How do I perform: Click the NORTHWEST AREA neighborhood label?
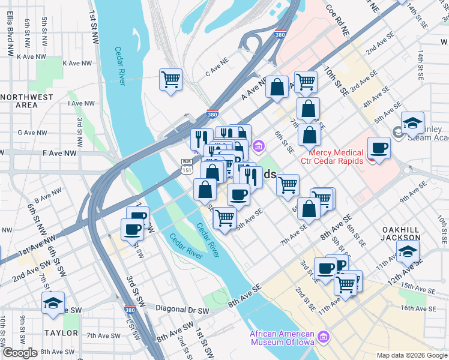tap(26, 101)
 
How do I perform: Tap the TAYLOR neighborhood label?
tap(62, 332)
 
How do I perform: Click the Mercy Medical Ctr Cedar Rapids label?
tap(336, 157)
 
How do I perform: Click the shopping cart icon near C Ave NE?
tap(171, 79)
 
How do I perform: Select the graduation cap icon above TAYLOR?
tap(53, 303)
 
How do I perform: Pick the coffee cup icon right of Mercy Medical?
tap(379, 147)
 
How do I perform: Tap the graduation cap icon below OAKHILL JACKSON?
tap(408, 251)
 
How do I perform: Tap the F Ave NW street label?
tap(59, 154)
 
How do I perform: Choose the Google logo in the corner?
tap(20, 353)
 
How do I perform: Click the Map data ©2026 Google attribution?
tap(412, 355)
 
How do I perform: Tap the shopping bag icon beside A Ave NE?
tap(277, 87)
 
